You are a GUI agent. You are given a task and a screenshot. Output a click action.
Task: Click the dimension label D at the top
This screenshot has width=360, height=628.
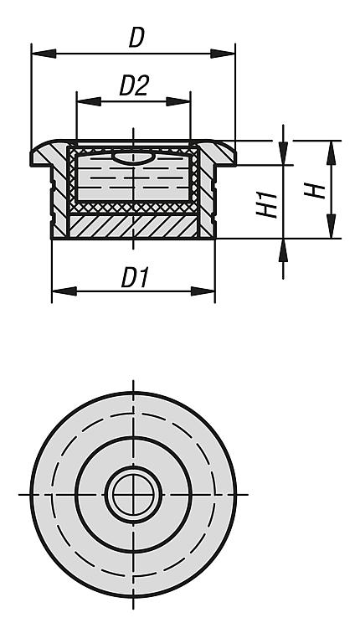pos(136,39)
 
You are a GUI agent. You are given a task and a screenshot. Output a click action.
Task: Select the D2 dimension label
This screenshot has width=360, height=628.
pos(135,86)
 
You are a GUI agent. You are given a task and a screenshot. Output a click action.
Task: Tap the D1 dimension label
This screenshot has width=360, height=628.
pos(136,278)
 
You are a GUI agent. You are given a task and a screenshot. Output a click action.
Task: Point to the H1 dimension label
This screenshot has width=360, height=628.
pos(268,204)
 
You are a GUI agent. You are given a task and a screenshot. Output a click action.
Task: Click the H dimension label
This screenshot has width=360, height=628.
pos(315,190)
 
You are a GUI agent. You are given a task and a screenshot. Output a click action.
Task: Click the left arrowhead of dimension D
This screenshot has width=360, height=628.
pos(44,54)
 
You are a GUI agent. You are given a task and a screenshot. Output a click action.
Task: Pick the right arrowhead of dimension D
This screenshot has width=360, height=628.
pos(223,54)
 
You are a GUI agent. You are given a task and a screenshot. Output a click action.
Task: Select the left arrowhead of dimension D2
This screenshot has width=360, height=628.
pos(89,101)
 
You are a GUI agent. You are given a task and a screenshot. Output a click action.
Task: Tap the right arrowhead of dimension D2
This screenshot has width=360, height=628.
pos(178,101)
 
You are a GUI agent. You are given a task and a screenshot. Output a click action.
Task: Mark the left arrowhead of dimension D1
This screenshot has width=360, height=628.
pos(64,291)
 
